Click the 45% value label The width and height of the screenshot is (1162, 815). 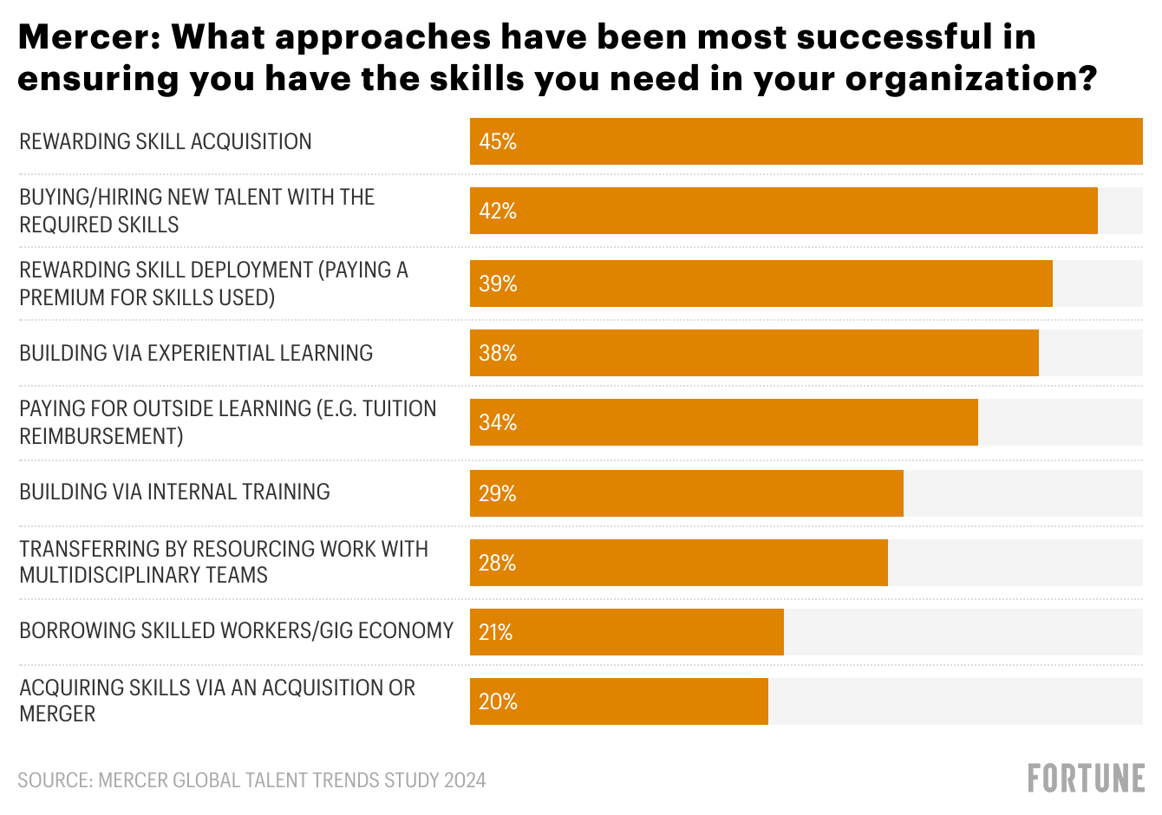tap(498, 141)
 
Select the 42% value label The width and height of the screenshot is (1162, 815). tap(498, 211)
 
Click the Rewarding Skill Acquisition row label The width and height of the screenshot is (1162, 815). tap(166, 141)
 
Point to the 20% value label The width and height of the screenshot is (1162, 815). tap(498, 701)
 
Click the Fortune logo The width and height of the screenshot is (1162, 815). tap(1086, 779)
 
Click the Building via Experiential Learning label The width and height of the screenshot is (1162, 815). tap(196, 353)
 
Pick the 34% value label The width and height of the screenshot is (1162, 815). tap(498, 422)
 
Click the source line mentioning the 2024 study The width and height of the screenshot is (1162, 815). tap(251, 780)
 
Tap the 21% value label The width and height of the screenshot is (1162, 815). tap(496, 632)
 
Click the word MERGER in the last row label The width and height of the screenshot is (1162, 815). tap(57, 714)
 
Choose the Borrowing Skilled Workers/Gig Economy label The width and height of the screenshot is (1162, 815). tap(237, 630)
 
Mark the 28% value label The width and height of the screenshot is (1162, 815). tap(498, 563)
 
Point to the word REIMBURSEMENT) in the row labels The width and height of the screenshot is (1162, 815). tap(101, 436)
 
